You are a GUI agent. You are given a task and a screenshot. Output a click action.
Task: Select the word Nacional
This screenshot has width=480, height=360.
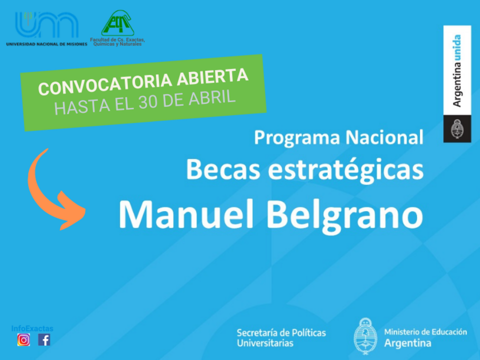point(384,137)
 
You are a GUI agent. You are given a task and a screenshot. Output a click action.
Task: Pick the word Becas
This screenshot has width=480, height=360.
point(223,169)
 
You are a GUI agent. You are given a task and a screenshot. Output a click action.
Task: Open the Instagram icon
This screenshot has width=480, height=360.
point(23,340)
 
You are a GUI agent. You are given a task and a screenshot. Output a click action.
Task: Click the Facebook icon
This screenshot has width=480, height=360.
point(44,340)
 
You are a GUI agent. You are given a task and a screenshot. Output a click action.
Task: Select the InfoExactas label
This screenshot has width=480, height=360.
point(32,328)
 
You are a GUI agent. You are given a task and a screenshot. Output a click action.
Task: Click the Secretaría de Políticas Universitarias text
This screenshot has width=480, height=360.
point(281,337)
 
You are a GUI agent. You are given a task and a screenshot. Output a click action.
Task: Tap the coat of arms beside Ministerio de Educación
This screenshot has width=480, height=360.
point(365,336)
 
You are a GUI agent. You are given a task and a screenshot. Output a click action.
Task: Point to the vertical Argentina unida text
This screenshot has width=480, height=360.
point(456,70)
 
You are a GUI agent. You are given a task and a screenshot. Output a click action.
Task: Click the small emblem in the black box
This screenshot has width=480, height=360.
point(457,128)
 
